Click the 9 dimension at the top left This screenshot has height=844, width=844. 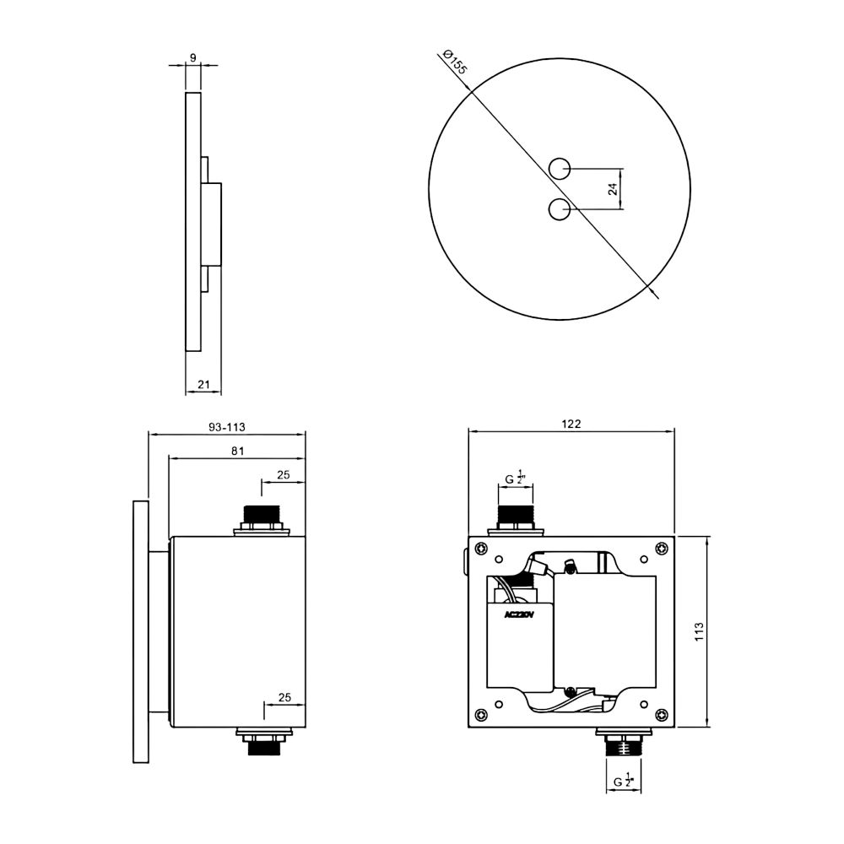[x=193, y=58]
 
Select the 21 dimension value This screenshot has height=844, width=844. [x=203, y=384]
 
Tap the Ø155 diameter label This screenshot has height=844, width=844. [x=455, y=62]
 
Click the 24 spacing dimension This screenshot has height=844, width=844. [x=613, y=188]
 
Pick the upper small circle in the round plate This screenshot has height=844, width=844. [x=560, y=169]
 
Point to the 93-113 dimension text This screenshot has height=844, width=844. [x=226, y=427]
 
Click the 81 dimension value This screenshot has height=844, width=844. [x=237, y=451]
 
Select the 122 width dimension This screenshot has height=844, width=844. [x=571, y=424]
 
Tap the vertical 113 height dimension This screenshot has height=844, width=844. [x=699, y=631]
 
